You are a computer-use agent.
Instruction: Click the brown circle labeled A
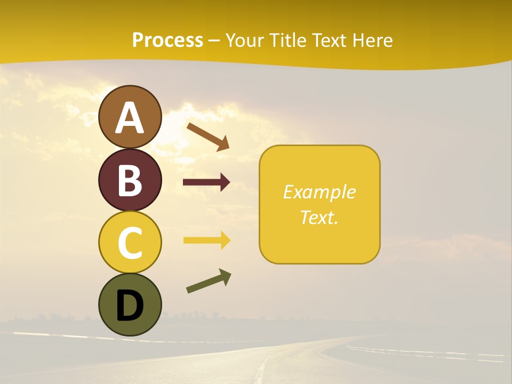pos(130,117)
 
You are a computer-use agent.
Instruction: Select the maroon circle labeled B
pos(130,180)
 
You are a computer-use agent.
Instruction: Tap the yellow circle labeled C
pos(130,242)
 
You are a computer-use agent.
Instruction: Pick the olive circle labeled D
pos(130,305)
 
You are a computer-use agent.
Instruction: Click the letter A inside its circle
pos(130,118)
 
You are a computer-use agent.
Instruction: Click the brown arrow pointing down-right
pos(208,137)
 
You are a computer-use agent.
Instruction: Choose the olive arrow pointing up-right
pos(209,281)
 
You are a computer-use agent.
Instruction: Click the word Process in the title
pos(167,40)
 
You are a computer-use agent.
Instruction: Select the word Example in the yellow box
pos(319,192)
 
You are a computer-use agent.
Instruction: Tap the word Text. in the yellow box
pos(319,217)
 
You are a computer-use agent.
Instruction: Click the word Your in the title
pos(244,40)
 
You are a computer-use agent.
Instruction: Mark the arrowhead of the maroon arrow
pos(225,182)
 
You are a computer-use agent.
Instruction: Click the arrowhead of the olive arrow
pos(225,276)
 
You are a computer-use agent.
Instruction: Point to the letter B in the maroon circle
pos(130,181)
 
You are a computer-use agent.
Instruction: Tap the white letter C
pos(130,243)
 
